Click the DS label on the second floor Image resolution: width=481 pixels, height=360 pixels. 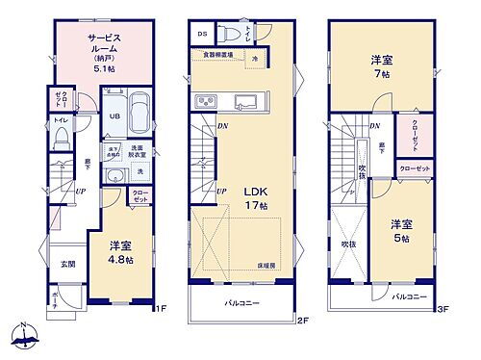[203, 34]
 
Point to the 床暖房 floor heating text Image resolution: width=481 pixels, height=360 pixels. [267, 264]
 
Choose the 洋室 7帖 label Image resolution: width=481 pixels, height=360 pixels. [380, 66]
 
